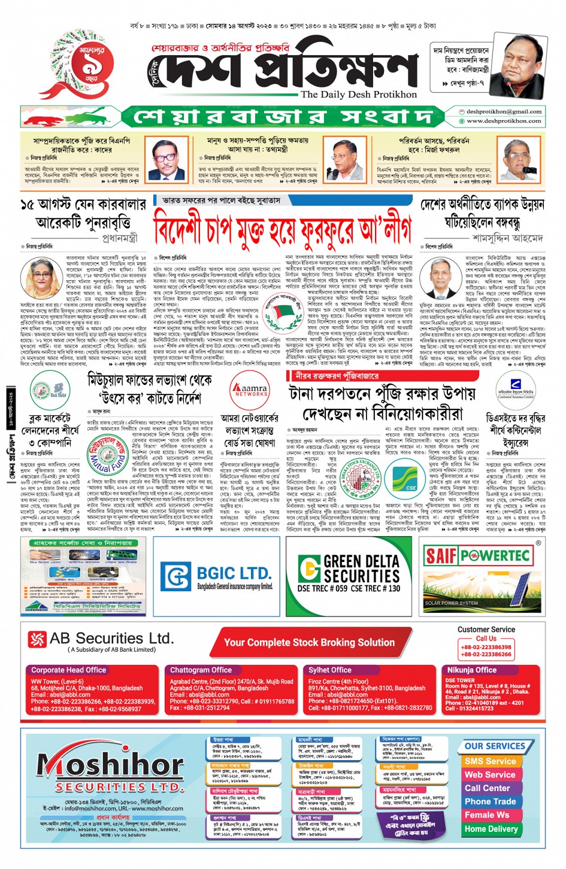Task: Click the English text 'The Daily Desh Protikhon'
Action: click(x=359, y=95)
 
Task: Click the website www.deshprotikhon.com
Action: click(x=504, y=121)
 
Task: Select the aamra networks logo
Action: click(x=250, y=390)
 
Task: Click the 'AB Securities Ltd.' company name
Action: click(x=111, y=639)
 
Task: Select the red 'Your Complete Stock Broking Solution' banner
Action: click(x=309, y=643)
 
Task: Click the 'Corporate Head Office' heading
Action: click(x=69, y=670)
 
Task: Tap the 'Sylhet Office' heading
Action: click(x=330, y=670)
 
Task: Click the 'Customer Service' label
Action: click(x=486, y=630)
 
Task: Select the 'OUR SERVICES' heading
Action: click(x=495, y=746)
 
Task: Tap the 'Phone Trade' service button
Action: click(x=490, y=801)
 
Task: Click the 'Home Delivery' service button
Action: click(x=491, y=829)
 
